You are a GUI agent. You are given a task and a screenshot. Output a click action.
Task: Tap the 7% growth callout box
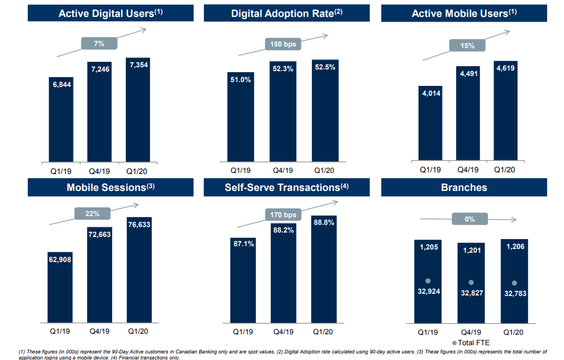point(99,43)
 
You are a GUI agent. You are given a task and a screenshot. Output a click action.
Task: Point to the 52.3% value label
point(283,68)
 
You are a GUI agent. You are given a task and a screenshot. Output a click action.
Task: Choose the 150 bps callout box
point(283,44)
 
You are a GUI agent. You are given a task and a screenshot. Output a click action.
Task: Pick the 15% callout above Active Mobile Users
point(468,46)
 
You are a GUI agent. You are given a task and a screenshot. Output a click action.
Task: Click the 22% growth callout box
point(92,213)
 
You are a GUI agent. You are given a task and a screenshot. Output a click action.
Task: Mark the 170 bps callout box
point(283,214)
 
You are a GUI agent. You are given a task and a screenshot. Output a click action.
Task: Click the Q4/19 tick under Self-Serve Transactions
point(283,332)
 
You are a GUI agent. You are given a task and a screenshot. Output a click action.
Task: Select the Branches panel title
point(464,187)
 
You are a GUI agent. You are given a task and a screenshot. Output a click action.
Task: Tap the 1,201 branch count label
point(471,251)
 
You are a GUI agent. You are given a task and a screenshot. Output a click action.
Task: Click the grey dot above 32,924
point(428,281)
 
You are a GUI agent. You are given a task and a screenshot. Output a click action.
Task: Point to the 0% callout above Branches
point(469,219)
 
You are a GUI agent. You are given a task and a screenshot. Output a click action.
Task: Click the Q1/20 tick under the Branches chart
point(513,332)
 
